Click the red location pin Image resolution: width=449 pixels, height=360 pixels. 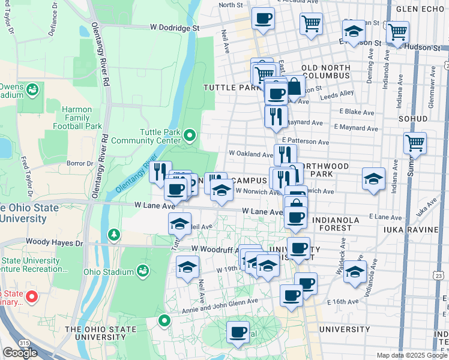click(33, 296)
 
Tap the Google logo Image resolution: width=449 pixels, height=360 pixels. click(20, 352)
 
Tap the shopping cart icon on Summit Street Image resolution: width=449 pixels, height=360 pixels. click(415, 143)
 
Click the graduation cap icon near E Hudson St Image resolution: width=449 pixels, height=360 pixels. click(354, 31)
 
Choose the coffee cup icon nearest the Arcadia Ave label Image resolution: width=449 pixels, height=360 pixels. click(262, 18)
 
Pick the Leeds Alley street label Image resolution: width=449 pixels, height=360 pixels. click(337, 94)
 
